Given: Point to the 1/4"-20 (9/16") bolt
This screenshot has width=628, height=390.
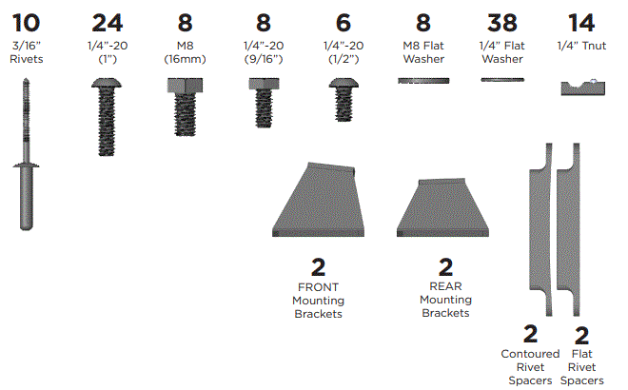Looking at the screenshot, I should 261,103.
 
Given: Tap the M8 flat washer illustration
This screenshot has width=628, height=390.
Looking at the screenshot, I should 422,82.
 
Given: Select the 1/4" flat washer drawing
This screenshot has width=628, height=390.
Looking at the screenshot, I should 502,81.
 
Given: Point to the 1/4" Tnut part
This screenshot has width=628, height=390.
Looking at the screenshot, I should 581,88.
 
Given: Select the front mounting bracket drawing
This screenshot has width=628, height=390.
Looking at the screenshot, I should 318,200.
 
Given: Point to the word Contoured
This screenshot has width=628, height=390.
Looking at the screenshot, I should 530,354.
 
